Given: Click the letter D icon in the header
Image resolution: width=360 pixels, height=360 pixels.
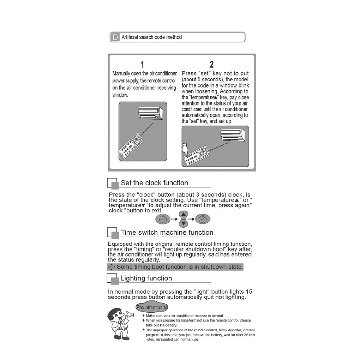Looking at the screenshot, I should tap(115, 37).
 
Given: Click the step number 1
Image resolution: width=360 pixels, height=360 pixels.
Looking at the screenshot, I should tap(142, 65).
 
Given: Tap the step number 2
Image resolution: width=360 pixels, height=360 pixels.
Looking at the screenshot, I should tap(211, 65).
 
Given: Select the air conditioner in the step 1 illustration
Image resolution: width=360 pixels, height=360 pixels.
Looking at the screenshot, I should tap(150, 113).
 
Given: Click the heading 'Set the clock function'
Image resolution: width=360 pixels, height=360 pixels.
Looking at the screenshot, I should tap(154, 183).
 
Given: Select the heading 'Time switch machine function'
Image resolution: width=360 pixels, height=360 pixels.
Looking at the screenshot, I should tap(167, 233).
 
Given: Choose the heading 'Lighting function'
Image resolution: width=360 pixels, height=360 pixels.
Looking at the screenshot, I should tap(146, 278).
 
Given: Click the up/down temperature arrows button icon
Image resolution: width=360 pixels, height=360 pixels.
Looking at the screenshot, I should tap(183, 219).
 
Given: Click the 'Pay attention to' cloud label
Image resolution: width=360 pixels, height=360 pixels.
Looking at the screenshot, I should tap(152, 307).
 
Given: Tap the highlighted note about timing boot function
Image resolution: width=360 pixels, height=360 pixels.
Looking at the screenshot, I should tap(175, 267).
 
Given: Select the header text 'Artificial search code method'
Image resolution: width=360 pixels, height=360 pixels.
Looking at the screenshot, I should tap(151, 37).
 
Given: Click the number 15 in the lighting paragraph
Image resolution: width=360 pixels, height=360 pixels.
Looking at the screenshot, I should tap(249, 292).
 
